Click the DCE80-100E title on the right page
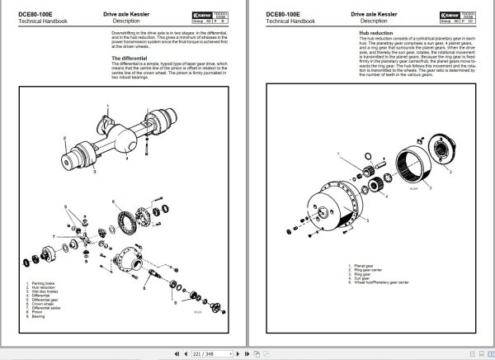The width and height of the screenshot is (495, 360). [285, 14]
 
